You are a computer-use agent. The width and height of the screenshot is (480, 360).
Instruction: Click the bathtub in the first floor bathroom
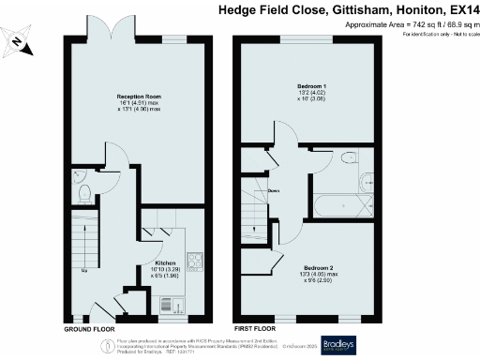tap(341, 204)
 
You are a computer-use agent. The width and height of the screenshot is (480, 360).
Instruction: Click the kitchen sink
tap(171, 304)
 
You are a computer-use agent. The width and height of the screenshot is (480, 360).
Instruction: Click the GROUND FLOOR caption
tap(89, 330)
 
